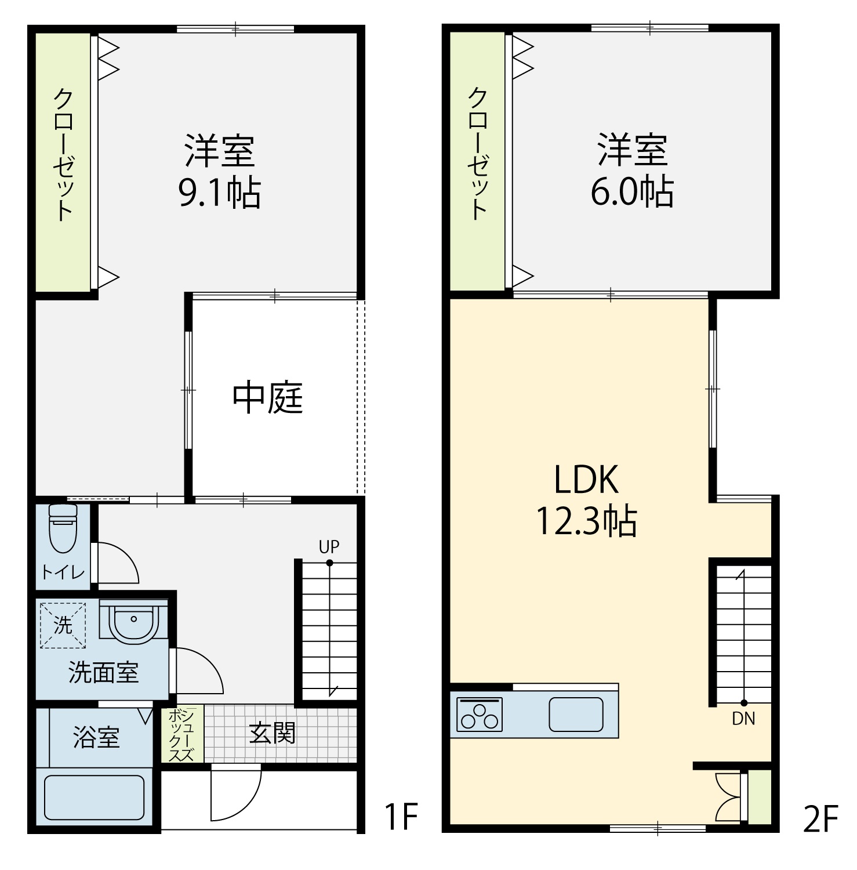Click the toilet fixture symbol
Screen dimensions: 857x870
(63, 527)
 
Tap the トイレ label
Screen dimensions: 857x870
(63, 572)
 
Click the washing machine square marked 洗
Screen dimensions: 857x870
(63, 625)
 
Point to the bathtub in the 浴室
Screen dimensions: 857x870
(94, 797)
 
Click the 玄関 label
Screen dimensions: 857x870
(272, 733)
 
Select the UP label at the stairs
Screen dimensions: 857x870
(329, 546)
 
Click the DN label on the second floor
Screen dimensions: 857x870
(743, 719)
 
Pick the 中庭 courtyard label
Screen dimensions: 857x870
(268, 398)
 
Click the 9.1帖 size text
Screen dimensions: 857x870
(219, 193)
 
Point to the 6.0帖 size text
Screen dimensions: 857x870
(632, 192)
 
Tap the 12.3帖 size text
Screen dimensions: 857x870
(586, 521)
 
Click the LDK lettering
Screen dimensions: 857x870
(586, 479)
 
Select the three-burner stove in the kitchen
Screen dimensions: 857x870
(480, 714)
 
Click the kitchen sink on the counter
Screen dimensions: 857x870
(576, 714)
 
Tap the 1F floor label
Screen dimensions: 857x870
(401, 816)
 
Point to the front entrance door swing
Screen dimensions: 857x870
(235, 792)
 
